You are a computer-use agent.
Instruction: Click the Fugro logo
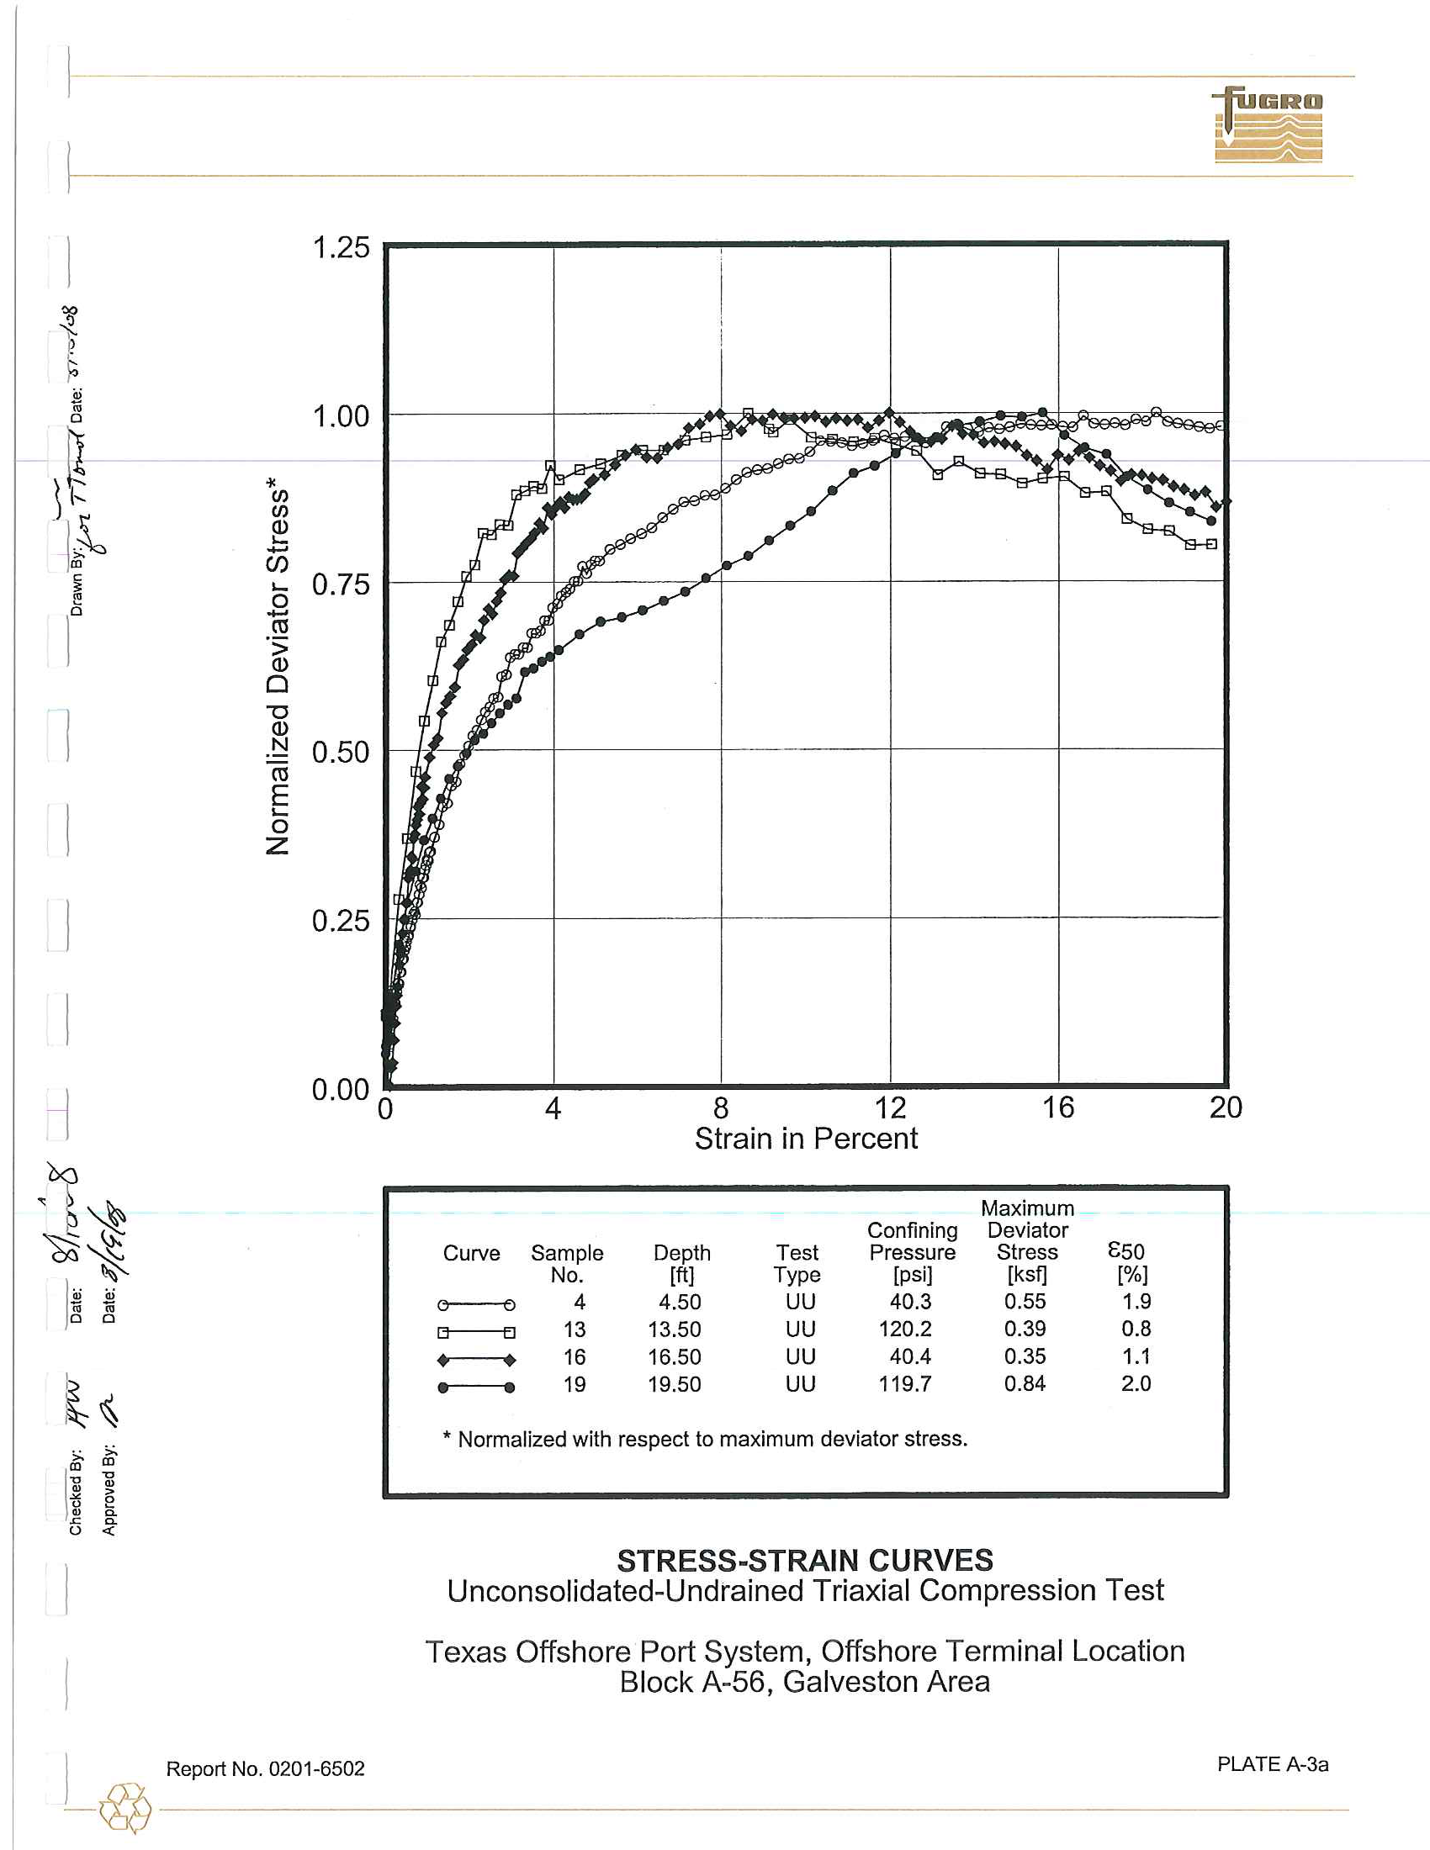pyautogui.click(x=1268, y=124)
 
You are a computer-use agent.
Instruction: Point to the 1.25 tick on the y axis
pyautogui.click(x=341, y=248)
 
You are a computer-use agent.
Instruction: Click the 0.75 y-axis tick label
pyautogui.click(x=341, y=584)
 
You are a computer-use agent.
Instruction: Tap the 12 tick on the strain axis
pyautogui.click(x=889, y=1107)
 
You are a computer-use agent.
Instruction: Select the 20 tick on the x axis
pyautogui.click(x=1225, y=1107)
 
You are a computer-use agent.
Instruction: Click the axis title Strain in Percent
pyautogui.click(x=806, y=1139)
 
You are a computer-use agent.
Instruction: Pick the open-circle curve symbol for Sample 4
pyautogui.click(x=476, y=1304)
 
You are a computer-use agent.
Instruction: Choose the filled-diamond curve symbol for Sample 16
pyautogui.click(x=476, y=1361)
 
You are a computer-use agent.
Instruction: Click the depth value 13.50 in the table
pyautogui.click(x=675, y=1329)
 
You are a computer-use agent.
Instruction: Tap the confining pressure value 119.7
pyautogui.click(x=905, y=1384)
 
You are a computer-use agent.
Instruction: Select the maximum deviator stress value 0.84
pyautogui.click(x=1025, y=1384)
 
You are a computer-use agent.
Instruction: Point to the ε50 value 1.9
pyautogui.click(x=1136, y=1302)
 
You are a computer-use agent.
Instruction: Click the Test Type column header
pyautogui.click(x=797, y=1263)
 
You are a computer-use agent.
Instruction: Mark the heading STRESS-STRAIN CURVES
pyautogui.click(x=805, y=1560)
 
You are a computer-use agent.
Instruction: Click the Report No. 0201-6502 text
pyautogui.click(x=265, y=1768)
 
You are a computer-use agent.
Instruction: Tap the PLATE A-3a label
pyautogui.click(x=1273, y=1764)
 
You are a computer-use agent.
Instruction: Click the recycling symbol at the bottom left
pyautogui.click(x=125, y=1809)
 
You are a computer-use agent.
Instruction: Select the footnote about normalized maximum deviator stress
pyautogui.click(x=705, y=1439)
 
